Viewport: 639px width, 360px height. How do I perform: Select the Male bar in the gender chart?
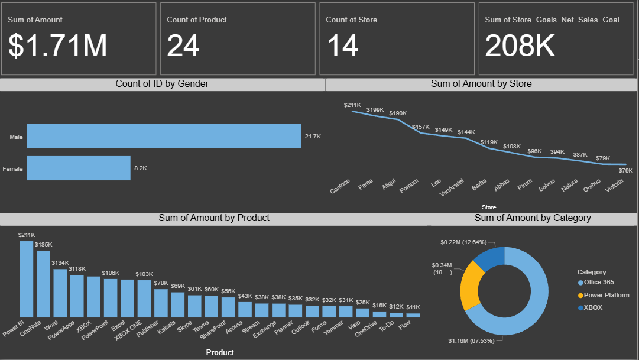[164, 136]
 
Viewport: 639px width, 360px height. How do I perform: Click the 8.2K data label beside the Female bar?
[141, 168]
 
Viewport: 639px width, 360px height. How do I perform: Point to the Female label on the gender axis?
[13, 169]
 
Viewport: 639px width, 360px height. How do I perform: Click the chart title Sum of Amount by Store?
[481, 84]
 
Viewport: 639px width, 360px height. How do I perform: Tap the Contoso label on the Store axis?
[340, 186]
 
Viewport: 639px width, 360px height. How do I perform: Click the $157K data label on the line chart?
[421, 127]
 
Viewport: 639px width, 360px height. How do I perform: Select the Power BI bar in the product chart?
[27, 279]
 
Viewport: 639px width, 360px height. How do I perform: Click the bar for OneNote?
[43, 284]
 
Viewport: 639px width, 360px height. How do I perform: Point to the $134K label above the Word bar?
[60, 262]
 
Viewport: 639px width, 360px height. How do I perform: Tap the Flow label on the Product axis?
[405, 325]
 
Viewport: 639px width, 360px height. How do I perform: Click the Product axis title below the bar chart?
[219, 352]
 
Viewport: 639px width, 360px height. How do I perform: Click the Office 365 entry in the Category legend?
[599, 283]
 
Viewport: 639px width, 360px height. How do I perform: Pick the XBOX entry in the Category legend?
[593, 307]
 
